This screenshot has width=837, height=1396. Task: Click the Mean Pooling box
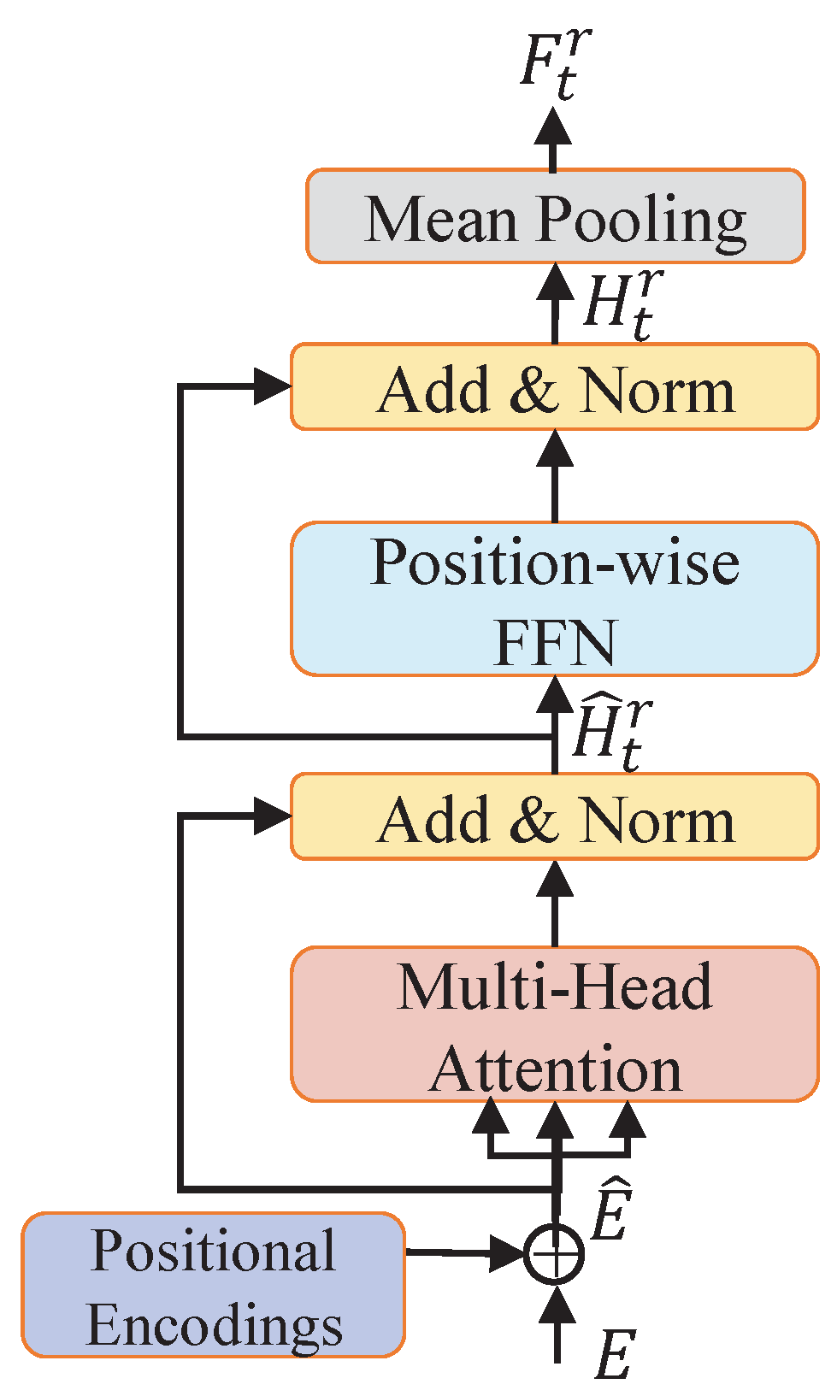[555, 216]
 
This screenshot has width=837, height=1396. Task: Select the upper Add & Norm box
[555, 387]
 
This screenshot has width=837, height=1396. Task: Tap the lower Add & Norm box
[555, 817]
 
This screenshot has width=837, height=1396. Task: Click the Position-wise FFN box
[555, 599]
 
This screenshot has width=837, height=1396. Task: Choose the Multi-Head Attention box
[555, 1024]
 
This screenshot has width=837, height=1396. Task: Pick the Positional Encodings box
[213, 1285]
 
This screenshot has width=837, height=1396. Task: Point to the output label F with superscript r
[555, 64]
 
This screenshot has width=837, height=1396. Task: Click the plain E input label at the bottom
[613, 1353]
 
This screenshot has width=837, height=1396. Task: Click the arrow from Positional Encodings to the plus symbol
[462, 1253]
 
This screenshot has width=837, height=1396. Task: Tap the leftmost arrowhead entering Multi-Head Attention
[490, 1117]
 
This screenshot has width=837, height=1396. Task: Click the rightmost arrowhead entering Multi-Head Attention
[628, 1117]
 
